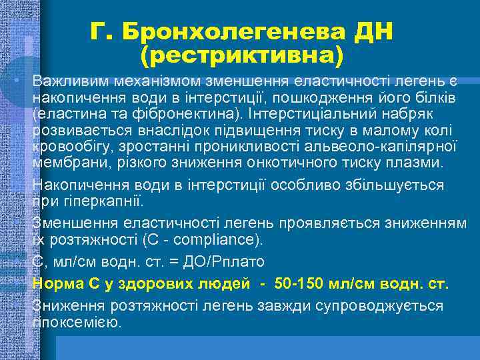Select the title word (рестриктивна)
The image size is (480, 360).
click(242, 55)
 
